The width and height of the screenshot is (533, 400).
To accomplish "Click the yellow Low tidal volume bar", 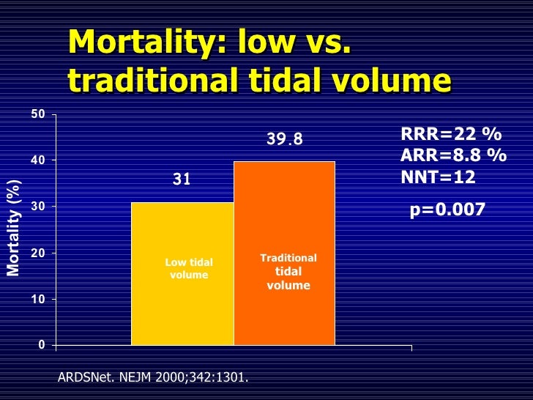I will click(182, 308).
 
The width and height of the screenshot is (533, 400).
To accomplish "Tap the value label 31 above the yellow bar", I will click(182, 179).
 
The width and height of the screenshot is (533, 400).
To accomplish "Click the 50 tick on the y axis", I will click(38, 114).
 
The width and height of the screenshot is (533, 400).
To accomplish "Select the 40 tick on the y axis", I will click(38, 160).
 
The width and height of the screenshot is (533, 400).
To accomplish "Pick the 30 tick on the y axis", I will click(38, 207).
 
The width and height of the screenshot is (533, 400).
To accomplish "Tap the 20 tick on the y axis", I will click(38, 253).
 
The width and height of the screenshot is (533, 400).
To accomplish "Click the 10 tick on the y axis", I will click(38, 300).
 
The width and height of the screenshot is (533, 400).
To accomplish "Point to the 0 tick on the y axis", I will click(42, 345).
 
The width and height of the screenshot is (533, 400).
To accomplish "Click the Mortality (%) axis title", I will click(13, 228).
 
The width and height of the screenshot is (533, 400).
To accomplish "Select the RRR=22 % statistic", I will click(451, 134).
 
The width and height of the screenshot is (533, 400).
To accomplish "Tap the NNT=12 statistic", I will click(438, 177).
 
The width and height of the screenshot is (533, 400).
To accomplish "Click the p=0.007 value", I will click(447, 210).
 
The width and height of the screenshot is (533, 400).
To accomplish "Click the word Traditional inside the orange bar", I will click(288, 258).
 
